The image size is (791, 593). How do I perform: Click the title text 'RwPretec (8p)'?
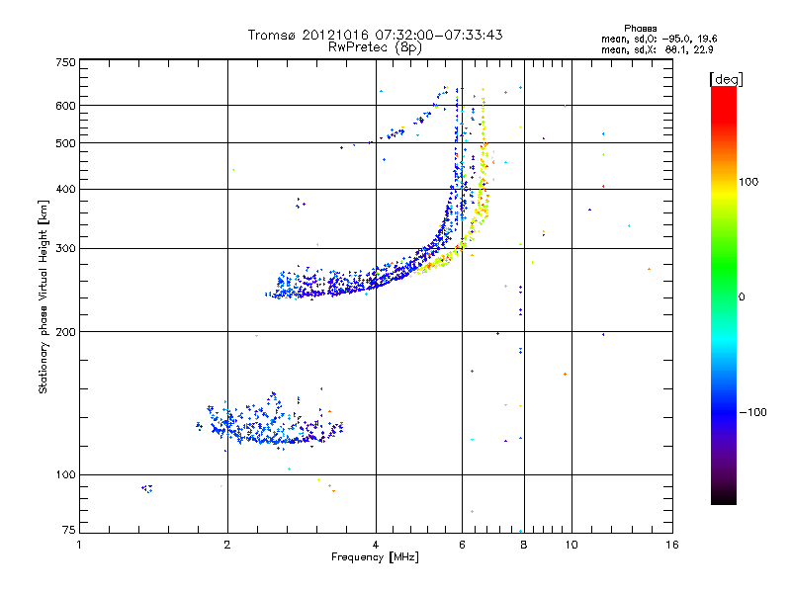click(x=375, y=46)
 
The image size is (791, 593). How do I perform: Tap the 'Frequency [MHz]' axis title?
click(x=375, y=557)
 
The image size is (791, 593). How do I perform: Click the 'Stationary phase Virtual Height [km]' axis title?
click(x=44, y=296)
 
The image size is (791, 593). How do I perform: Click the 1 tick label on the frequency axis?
click(x=80, y=544)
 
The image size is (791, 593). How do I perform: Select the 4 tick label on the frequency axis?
click(x=376, y=544)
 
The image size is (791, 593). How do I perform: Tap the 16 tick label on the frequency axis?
click(x=671, y=544)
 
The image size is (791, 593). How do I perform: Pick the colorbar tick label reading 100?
click(x=749, y=182)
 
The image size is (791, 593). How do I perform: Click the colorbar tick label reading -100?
click(x=752, y=411)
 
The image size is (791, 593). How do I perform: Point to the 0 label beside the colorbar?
click(x=743, y=296)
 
